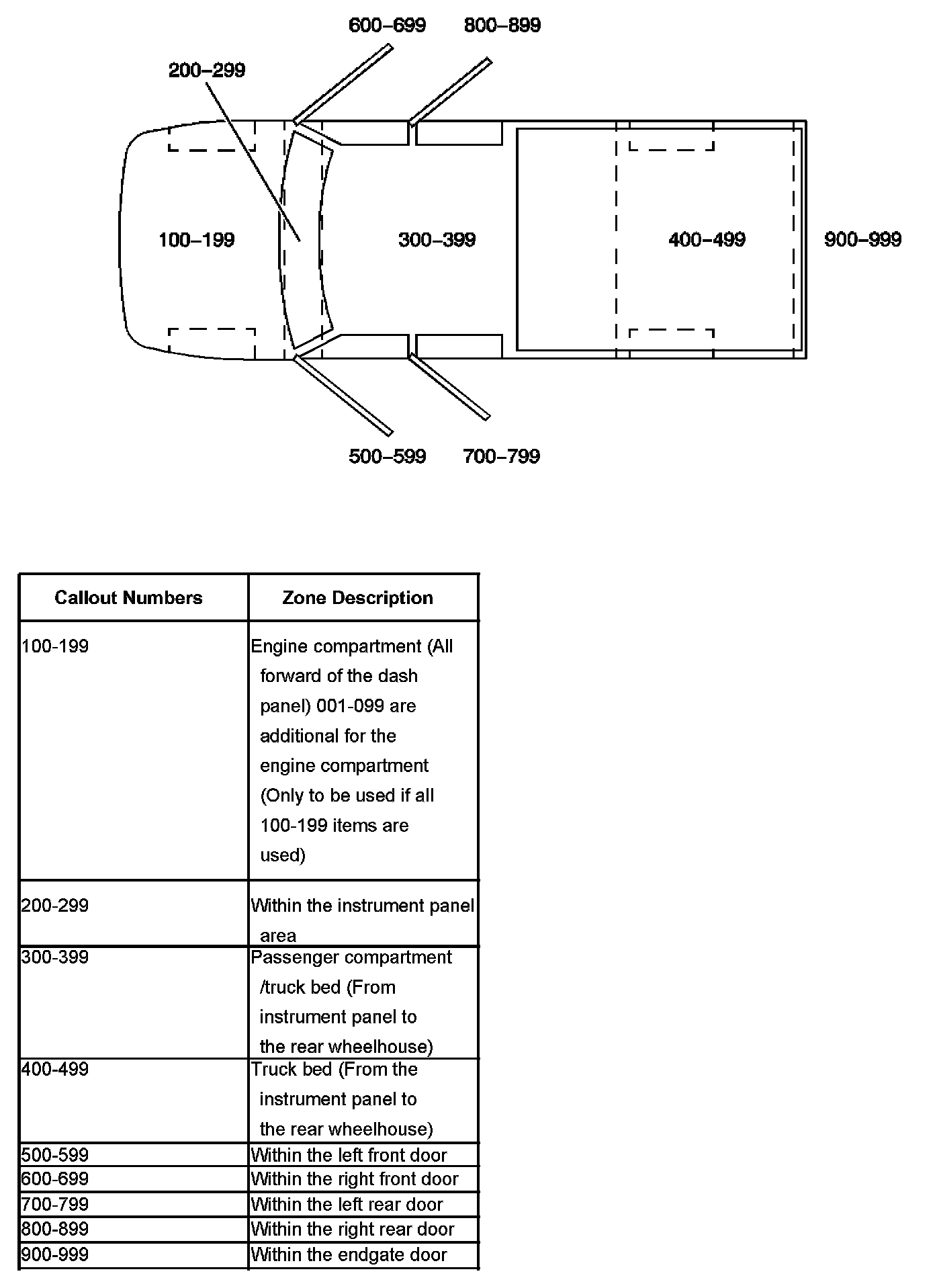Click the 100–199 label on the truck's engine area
click(196, 240)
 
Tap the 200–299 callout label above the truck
click(207, 70)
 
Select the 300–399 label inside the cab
click(437, 240)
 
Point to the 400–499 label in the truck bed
click(707, 240)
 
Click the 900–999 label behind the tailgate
click(862, 240)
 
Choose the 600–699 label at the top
click(387, 26)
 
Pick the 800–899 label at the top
click(502, 26)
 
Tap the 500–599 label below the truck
click(387, 457)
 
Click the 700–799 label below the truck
click(501, 457)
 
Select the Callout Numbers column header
click(128, 598)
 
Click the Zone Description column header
click(357, 598)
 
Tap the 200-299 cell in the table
click(55, 906)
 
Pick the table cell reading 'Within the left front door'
click(349, 1155)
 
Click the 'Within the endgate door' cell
click(349, 1254)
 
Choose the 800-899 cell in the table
click(55, 1229)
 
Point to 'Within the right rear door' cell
click(353, 1229)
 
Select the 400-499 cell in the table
click(55, 1069)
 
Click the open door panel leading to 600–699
click(343, 85)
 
